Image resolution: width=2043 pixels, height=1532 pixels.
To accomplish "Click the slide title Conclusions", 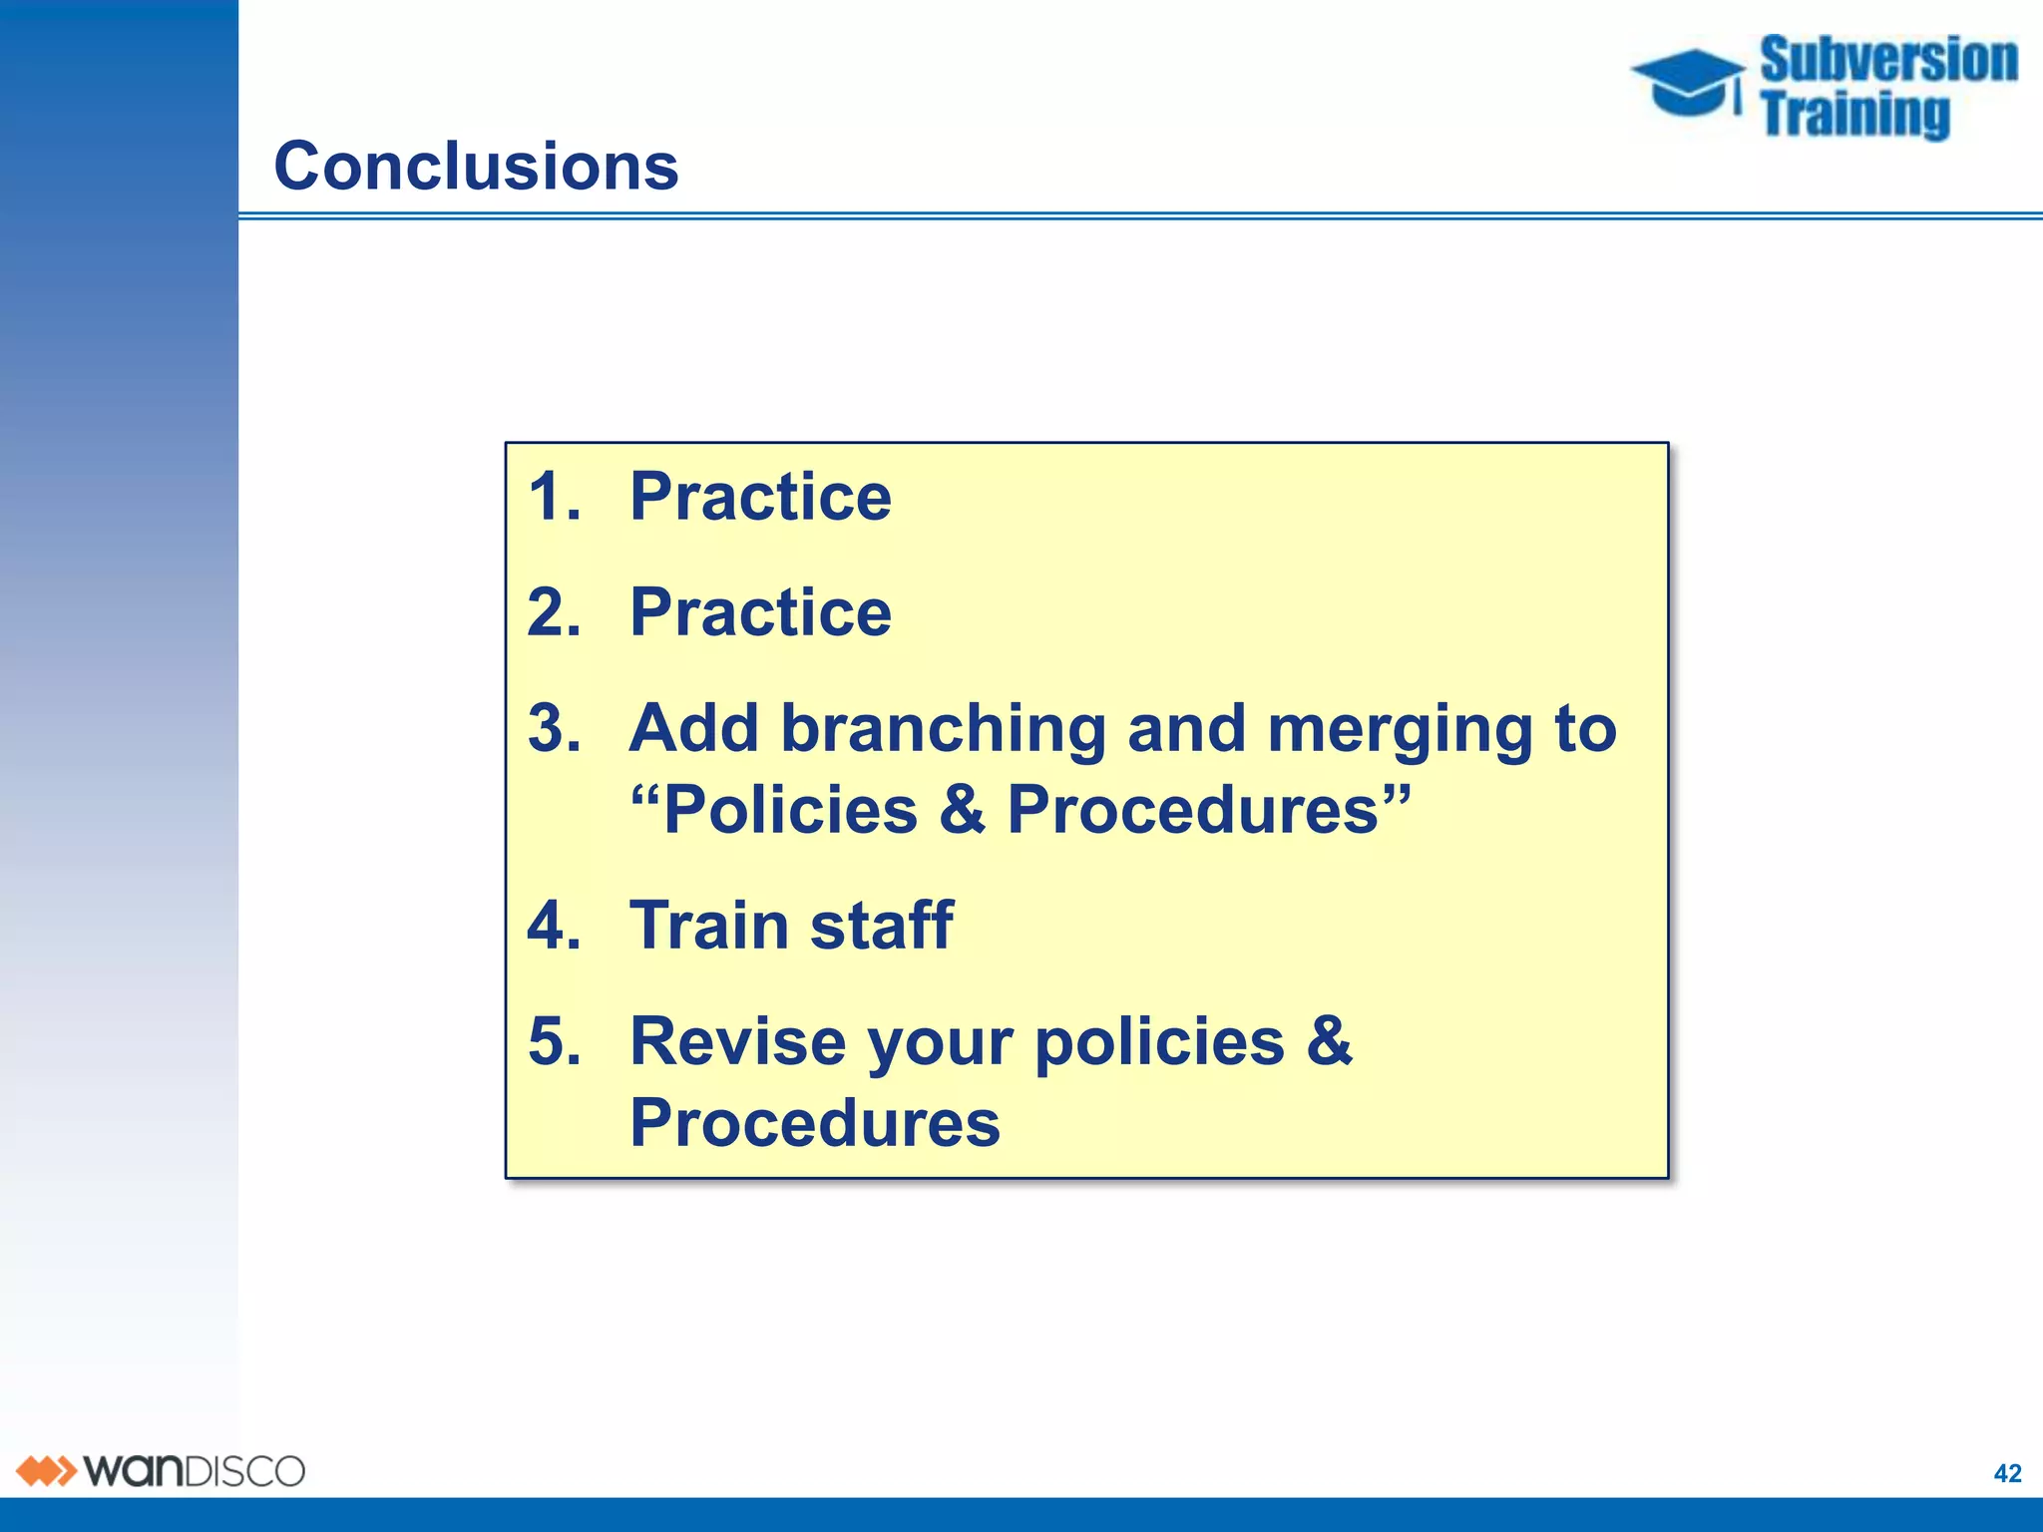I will (x=476, y=166).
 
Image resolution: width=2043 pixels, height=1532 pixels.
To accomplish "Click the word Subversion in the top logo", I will (x=1888, y=60).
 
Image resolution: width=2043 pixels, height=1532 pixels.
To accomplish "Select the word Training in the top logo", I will (x=1854, y=114).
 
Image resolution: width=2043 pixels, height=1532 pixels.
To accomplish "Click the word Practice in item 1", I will (x=760, y=497).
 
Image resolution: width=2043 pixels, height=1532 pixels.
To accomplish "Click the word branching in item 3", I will (x=943, y=730).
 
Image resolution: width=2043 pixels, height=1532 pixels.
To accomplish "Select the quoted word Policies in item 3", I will (x=789, y=809).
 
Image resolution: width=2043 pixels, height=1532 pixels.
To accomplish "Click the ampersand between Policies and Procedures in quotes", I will (x=962, y=809).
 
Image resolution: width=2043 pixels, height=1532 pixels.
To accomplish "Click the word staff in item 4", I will (x=881, y=925).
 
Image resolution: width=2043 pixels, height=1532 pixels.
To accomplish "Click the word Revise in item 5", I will (x=737, y=1041).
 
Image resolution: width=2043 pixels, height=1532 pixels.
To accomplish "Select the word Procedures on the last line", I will (x=814, y=1123).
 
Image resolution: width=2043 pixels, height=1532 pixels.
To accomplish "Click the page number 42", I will (x=2007, y=1473).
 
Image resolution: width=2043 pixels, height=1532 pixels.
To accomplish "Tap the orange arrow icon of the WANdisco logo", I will (x=46, y=1471).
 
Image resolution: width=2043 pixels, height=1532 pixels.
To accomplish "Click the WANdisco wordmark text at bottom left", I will (x=194, y=1471).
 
